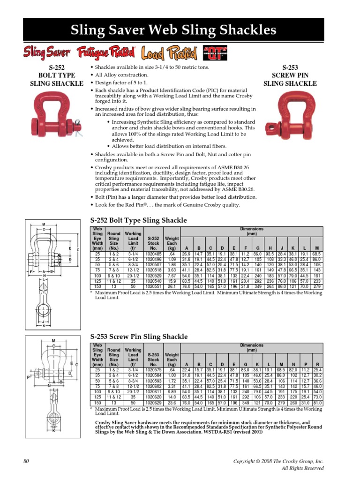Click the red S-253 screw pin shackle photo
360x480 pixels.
pyautogui.click(x=300, y=117)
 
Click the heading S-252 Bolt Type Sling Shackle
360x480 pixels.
pyautogui.click(x=138, y=220)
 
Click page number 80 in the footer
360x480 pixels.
pyautogui.click(x=26, y=461)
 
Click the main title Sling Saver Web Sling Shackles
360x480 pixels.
pyautogui.click(x=180, y=30)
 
